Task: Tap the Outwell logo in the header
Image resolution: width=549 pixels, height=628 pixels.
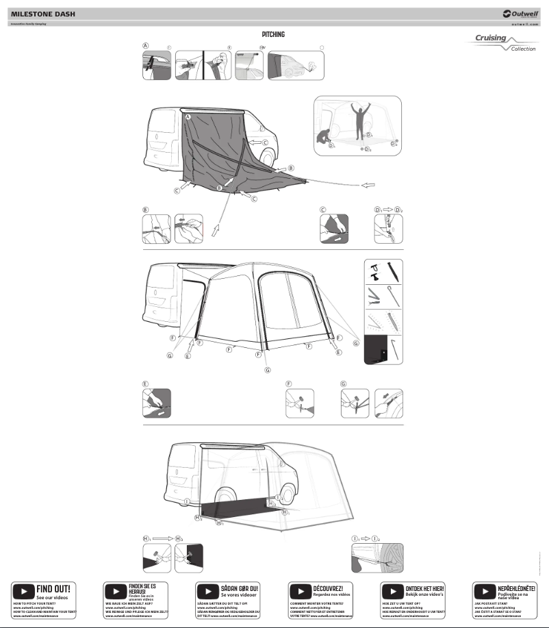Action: tap(520, 13)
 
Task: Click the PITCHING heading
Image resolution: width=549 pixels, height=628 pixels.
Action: tap(273, 34)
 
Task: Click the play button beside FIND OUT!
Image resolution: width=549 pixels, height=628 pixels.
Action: tap(24, 590)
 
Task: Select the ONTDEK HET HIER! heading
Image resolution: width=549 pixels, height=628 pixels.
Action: tap(425, 588)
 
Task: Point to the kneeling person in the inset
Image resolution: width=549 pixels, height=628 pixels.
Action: tap(324, 135)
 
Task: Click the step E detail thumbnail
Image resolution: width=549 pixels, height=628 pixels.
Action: tap(156, 403)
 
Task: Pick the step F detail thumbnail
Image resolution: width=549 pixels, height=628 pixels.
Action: tap(300, 403)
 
